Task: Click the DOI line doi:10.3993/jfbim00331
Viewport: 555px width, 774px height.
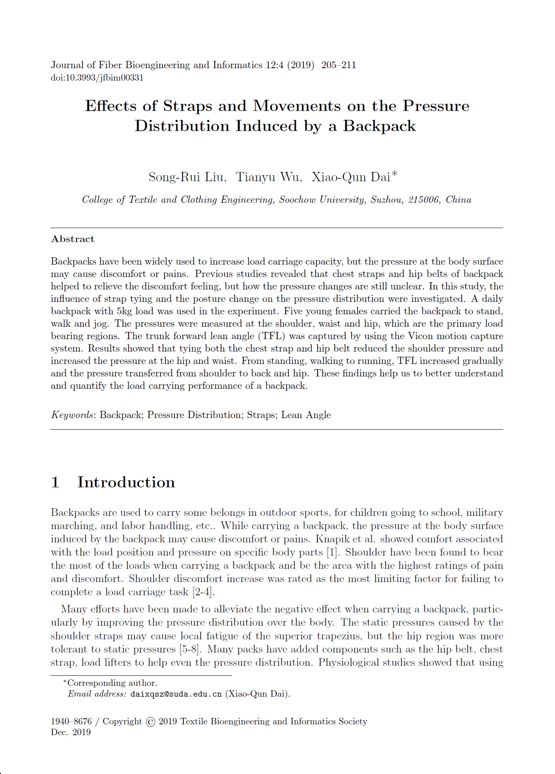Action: coord(97,78)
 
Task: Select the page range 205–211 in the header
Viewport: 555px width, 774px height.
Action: coord(338,65)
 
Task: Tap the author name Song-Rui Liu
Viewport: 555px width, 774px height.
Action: coord(187,177)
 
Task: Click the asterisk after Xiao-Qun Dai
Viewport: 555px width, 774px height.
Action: coord(395,174)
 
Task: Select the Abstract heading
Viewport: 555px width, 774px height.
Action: coord(72,239)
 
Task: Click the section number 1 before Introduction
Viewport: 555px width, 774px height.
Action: coord(55,482)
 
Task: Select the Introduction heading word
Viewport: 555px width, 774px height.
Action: coord(126,482)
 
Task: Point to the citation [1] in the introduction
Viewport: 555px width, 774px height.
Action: coord(332,552)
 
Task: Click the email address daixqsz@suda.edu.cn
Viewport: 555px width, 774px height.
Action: coord(176,694)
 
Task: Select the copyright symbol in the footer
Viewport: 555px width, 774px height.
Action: coord(151,722)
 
